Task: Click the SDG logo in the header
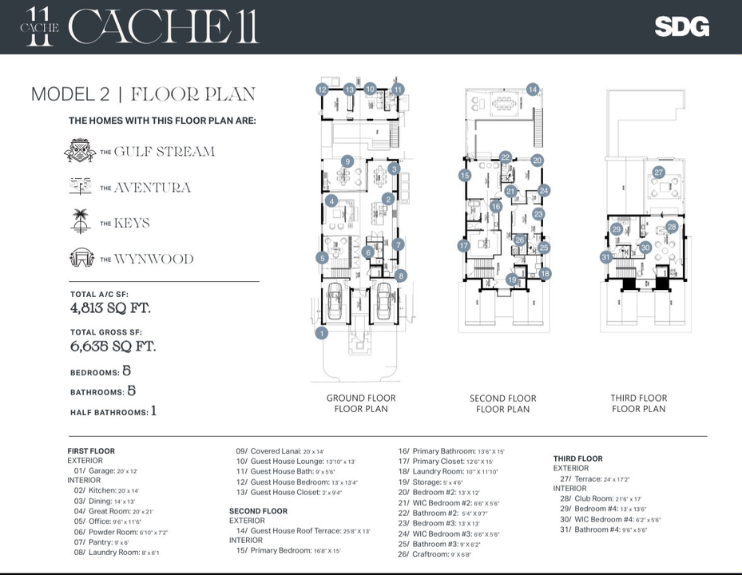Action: click(681, 26)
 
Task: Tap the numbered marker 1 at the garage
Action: click(321, 333)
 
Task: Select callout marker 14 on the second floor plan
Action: click(533, 89)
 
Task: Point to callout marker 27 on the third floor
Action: click(658, 172)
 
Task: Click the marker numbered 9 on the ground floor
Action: click(347, 161)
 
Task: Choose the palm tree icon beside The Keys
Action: click(80, 221)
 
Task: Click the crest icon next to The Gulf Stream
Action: click(80, 150)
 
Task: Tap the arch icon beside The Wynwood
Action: click(80, 258)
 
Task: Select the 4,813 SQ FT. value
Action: click(110, 308)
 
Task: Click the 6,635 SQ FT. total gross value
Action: click(113, 347)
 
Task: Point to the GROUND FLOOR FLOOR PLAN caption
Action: click(361, 403)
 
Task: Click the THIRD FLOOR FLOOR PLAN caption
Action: click(638, 403)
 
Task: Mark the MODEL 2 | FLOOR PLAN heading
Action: click(143, 94)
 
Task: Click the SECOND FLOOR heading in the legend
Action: click(258, 511)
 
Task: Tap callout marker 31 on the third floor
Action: click(606, 257)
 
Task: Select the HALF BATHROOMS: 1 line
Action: click(113, 411)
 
